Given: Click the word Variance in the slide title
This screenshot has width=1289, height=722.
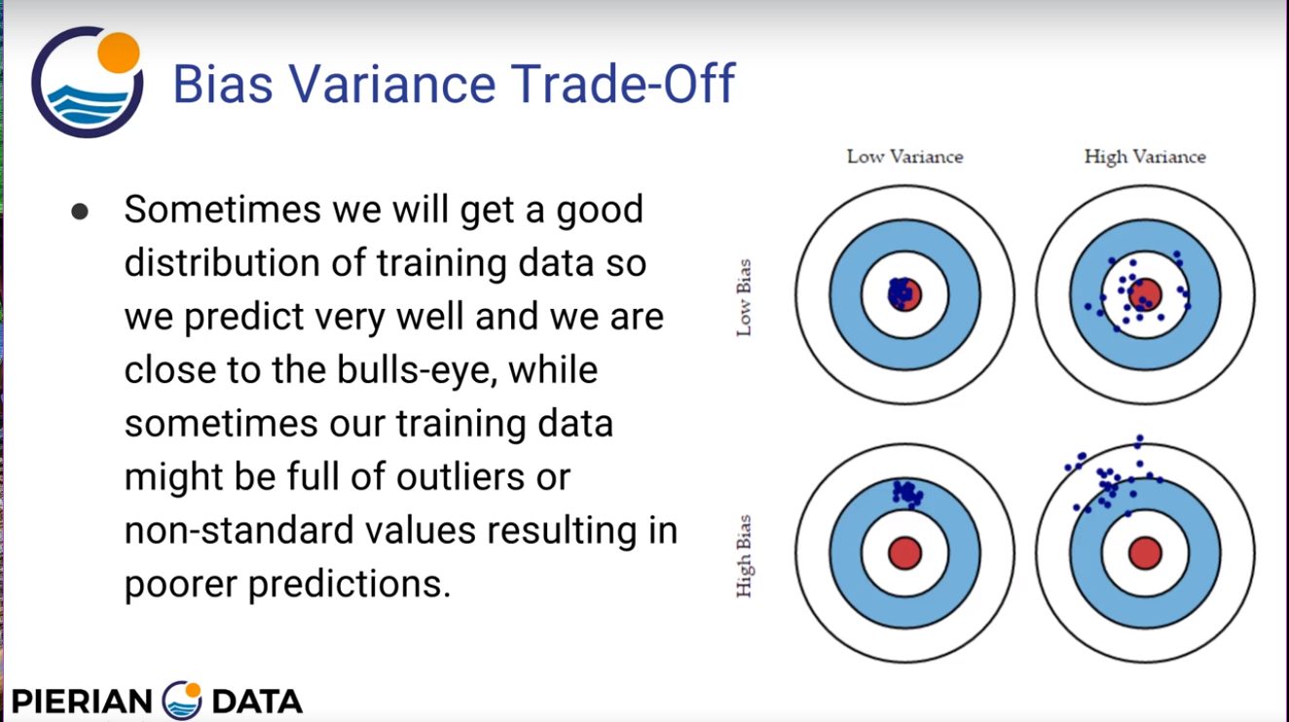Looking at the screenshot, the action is pyautogui.click(x=392, y=84).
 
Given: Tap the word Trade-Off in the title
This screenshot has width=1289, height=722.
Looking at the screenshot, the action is pyautogui.click(x=623, y=84).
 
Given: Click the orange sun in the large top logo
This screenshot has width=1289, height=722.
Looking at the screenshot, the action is pyautogui.click(x=119, y=53).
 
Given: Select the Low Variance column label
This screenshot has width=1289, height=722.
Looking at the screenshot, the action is pyautogui.click(x=904, y=157).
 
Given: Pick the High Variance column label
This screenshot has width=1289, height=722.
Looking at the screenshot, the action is pyautogui.click(x=1145, y=157).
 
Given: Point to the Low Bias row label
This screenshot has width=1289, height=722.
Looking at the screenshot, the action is pyautogui.click(x=744, y=298).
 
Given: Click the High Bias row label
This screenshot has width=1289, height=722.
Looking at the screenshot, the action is pyautogui.click(x=744, y=556).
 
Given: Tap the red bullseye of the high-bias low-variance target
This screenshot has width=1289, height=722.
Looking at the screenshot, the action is pyautogui.click(x=904, y=553).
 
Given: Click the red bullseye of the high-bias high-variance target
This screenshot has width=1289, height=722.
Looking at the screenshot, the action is pyautogui.click(x=1145, y=553).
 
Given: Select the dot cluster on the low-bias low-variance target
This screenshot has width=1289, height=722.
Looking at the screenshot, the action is pyautogui.click(x=900, y=293).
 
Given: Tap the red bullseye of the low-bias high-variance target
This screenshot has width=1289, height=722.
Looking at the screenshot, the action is pyautogui.click(x=1145, y=295).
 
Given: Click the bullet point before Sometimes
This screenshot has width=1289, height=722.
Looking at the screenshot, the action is pyautogui.click(x=80, y=211).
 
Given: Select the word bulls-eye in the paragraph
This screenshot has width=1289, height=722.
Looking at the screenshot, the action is pyautogui.click(x=417, y=369).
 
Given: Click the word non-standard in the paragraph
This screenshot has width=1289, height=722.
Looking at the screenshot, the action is pyautogui.click(x=239, y=530).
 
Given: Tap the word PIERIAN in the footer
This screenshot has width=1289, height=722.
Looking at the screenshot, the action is pyautogui.click(x=82, y=702).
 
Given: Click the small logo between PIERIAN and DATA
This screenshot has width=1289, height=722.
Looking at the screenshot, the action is pyautogui.click(x=182, y=701).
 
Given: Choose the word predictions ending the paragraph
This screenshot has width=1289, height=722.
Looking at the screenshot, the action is pyautogui.click(x=350, y=585).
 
